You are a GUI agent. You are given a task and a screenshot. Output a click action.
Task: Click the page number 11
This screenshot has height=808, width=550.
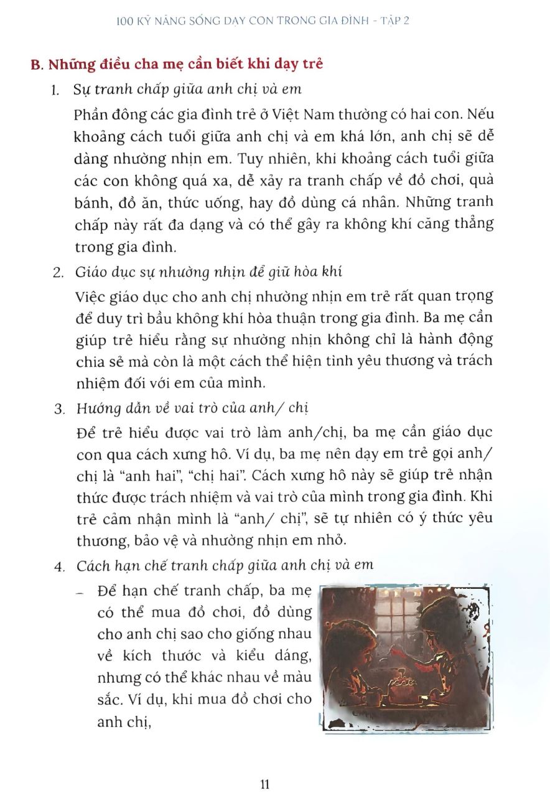[x=265, y=784]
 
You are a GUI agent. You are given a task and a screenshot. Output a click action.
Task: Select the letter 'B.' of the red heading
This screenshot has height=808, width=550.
[x=37, y=64]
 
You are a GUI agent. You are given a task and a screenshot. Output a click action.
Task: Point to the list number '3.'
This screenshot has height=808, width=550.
[x=60, y=409]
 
